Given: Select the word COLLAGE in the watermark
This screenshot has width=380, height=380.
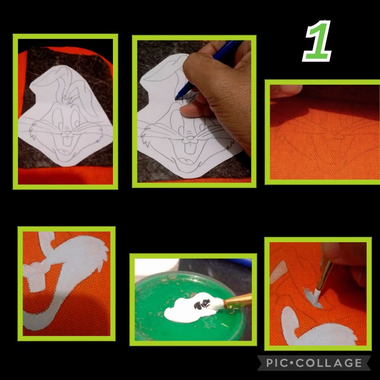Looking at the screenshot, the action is (x=329, y=363).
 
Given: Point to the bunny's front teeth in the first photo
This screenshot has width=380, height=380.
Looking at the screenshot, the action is (x=68, y=141).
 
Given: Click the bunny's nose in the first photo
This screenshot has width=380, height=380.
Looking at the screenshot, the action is (x=67, y=132).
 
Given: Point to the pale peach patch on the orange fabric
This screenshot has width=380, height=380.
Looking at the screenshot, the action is (x=278, y=272).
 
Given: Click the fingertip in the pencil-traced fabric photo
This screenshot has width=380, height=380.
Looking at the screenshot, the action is (x=286, y=92).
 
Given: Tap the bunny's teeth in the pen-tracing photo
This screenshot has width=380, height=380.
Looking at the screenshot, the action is (x=190, y=147).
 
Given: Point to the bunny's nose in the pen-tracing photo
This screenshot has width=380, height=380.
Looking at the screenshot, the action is (x=190, y=138).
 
